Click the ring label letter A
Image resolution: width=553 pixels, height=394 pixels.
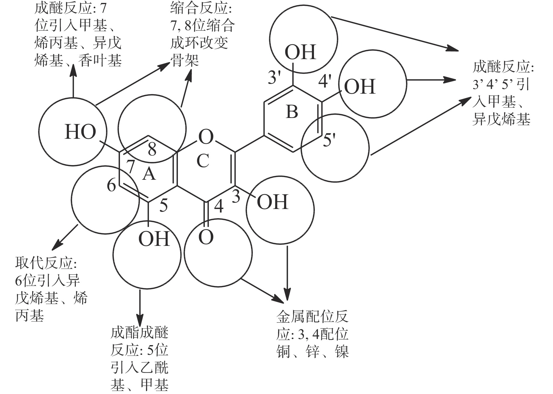pos(149,175)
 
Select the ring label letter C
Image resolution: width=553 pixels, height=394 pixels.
pos(203,161)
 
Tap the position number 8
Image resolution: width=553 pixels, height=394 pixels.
pos(152,150)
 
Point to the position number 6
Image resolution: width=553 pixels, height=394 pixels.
pos(111,185)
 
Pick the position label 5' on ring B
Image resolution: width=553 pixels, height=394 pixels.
pos(329,141)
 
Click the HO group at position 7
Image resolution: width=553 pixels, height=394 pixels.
pos(80,132)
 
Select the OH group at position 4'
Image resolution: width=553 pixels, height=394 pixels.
pos(360,87)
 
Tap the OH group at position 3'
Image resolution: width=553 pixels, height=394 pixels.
pos(300,52)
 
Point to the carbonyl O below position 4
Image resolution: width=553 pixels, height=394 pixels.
pos(206,237)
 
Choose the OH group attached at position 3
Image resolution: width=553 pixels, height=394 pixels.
pos(273,202)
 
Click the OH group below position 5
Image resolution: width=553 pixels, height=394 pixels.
pos(154,239)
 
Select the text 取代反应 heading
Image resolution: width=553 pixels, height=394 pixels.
pos(47,263)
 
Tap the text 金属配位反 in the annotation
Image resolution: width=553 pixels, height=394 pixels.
pos(312,316)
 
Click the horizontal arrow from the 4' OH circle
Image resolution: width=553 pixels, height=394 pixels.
pos(432,80)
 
